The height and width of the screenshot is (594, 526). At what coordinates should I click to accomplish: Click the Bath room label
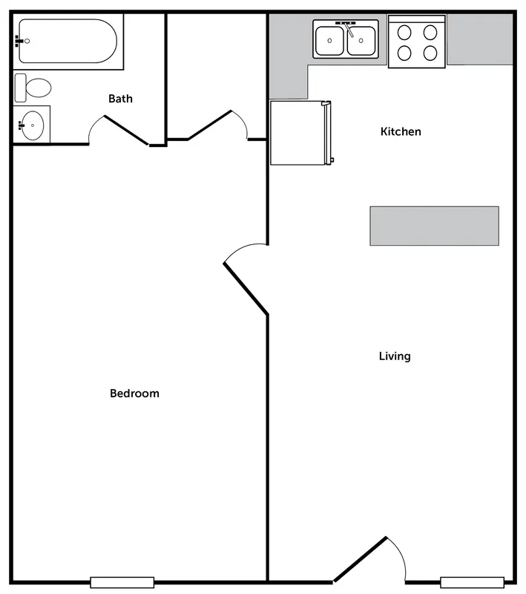[120, 99]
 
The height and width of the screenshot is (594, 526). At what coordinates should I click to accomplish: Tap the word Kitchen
[401, 131]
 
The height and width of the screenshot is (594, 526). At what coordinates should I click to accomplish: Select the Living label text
[395, 356]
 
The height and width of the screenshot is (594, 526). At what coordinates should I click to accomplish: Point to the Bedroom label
[134, 394]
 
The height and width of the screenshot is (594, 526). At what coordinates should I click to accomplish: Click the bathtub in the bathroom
[68, 41]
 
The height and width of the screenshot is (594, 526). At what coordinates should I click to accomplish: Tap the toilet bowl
[38, 88]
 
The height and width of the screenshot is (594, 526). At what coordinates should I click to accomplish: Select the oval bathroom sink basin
[33, 125]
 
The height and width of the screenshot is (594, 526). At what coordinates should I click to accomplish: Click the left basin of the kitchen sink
[330, 41]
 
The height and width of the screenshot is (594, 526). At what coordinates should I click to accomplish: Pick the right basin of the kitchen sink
[361, 41]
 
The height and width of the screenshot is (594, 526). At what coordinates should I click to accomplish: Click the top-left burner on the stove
[404, 32]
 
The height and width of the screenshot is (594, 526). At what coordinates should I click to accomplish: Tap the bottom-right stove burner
[430, 53]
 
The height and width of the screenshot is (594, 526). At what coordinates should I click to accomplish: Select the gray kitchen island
[435, 226]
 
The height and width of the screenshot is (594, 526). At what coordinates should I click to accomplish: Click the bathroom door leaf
[126, 130]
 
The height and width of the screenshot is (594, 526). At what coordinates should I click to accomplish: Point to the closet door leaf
[210, 125]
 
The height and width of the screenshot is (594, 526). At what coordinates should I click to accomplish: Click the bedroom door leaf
[246, 289]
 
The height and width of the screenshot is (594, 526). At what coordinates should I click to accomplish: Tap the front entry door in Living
[360, 559]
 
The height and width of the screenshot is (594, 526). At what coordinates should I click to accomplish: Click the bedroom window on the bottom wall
[122, 583]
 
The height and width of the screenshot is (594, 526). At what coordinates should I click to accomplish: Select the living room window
[473, 583]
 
